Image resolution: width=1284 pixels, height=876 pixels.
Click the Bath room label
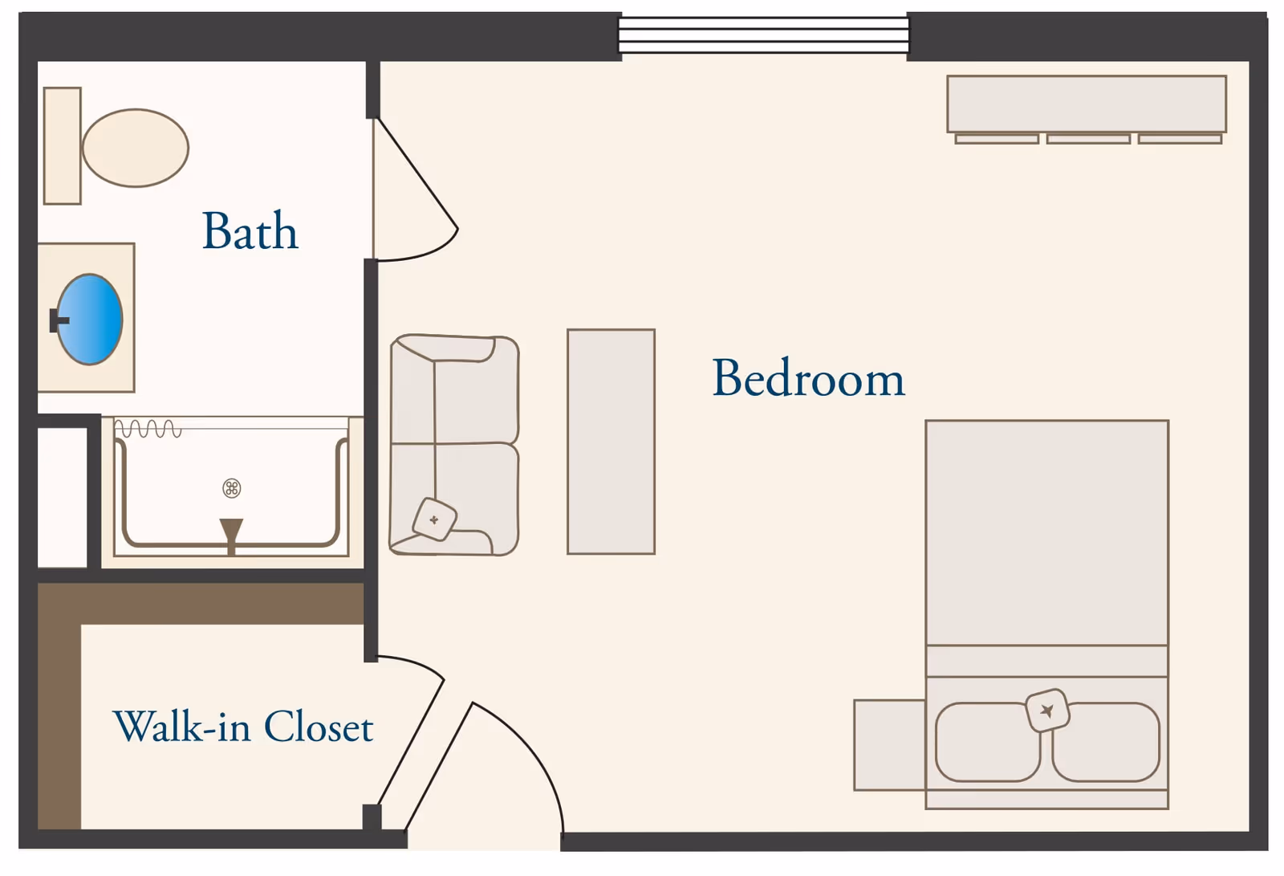(x=250, y=230)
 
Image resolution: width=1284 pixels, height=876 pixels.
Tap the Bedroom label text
(x=808, y=377)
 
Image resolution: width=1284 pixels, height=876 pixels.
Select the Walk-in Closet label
(x=243, y=727)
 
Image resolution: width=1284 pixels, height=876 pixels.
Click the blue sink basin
(x=90, y=319)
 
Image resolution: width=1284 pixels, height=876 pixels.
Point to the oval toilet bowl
(x=136, y=148)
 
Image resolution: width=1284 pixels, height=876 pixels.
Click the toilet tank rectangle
(x=63, y=145)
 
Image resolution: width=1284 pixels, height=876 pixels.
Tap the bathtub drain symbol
(x=232, y=488)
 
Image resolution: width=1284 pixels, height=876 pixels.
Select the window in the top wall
(x=763, y=35)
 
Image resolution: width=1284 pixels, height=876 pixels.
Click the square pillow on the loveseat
(x=434, y=519)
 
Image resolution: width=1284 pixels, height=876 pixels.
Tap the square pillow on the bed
(x=1047, y=711)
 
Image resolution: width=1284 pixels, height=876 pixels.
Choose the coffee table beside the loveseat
(x=611, y=441)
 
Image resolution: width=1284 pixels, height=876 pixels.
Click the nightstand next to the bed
(x=889, y=745)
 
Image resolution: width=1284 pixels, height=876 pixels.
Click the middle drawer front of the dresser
(x=1088, y=139)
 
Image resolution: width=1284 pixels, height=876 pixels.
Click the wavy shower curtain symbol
(x=148, y=429)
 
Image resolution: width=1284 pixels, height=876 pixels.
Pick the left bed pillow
(x=988, y=743)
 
